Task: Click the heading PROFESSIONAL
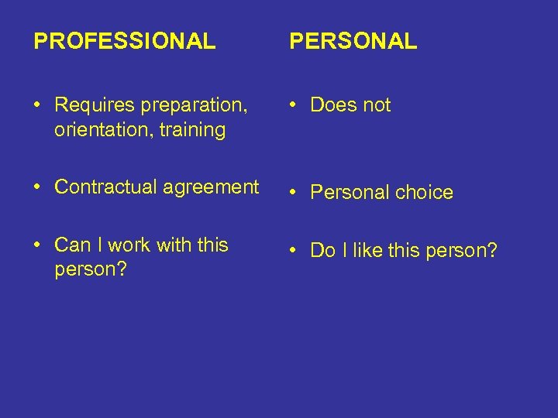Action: (x=125, y=41)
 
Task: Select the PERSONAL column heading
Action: (x=353, y=41)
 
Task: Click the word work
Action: (x=129, y=245)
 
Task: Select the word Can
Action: (x=73, y=245)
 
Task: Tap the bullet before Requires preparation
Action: (x=38, y=105)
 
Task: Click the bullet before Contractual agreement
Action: (x=38, y=187)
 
